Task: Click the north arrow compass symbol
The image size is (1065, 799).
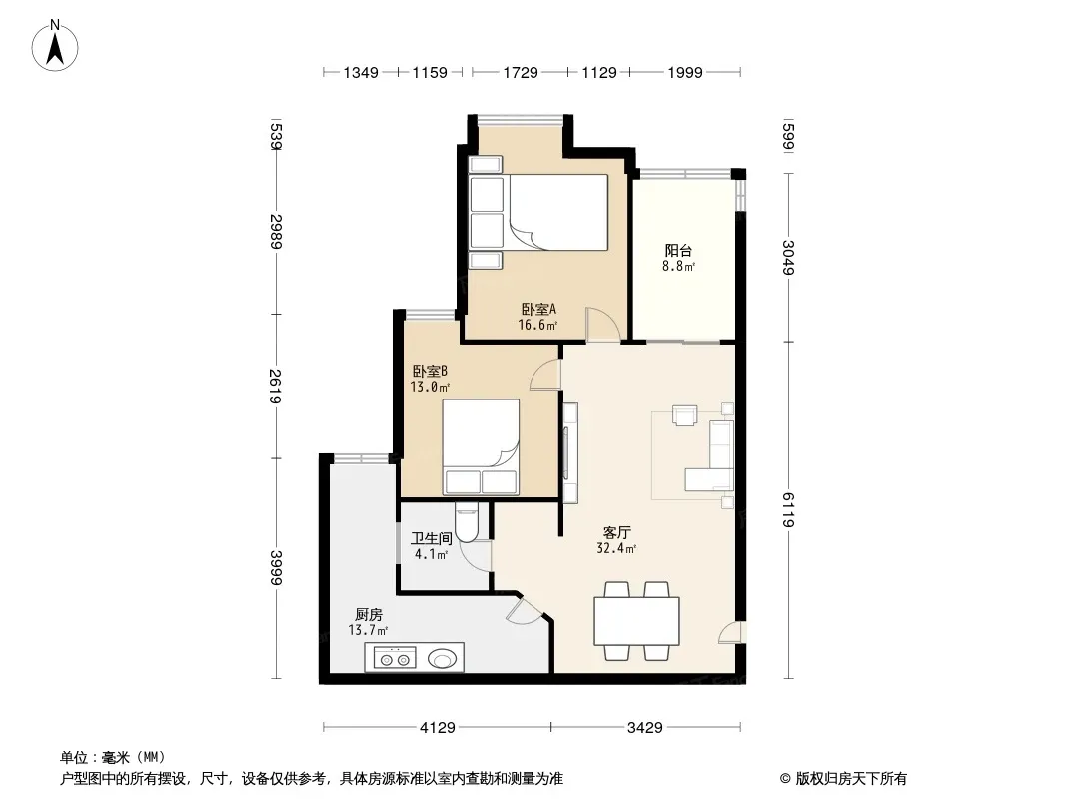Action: (55, 46)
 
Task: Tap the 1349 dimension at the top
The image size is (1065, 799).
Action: (360, 73)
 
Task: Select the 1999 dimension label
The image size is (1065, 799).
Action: (684, 73)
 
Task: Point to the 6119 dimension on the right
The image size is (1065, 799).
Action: (788, 509)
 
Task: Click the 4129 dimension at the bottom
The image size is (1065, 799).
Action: (438, 728)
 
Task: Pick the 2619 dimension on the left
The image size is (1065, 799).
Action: (275, 386)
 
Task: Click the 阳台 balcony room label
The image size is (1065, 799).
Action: (678, 250)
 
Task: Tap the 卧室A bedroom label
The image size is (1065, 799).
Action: (538, 309)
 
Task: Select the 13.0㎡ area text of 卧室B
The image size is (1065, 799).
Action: (430, 387)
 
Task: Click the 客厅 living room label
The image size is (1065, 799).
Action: (616, 533)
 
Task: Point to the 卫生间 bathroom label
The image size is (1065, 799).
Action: (432, 539)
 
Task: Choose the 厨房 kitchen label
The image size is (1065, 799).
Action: (368, 615)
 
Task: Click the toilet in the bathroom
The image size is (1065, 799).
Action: (468, 522)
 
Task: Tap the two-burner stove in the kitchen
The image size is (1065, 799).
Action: (395, 658)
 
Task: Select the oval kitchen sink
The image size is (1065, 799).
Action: (443, 658)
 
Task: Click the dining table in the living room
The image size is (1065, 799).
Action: (636, 621)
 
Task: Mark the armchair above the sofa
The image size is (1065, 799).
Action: (684, 414)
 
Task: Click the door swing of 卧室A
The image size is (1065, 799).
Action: (603, 324)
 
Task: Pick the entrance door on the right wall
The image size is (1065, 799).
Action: (732, 632)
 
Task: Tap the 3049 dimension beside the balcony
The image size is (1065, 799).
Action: (788, 258)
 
